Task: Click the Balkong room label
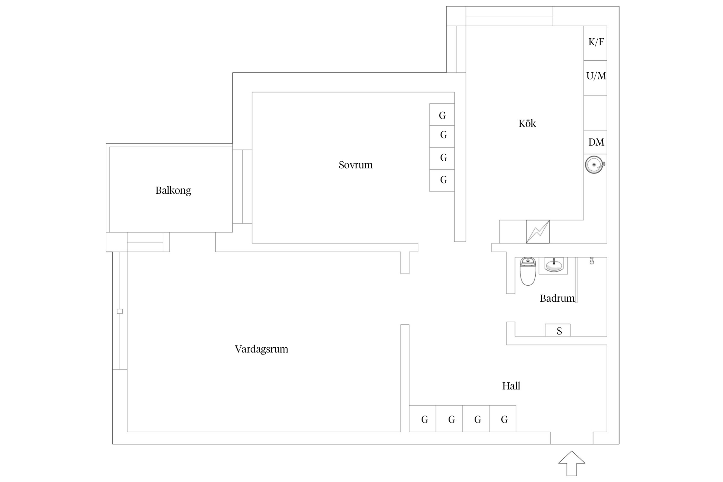173,191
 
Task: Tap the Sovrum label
355,165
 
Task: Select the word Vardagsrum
261,349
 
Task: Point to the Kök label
527,124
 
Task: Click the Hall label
511,386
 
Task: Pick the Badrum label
557,299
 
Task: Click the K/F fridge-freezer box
595,43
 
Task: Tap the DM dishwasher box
595,142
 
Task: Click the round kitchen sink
594,165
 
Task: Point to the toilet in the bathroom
528,272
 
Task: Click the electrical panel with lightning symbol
538,232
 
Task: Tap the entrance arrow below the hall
572,463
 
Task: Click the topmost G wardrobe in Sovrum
442,115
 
